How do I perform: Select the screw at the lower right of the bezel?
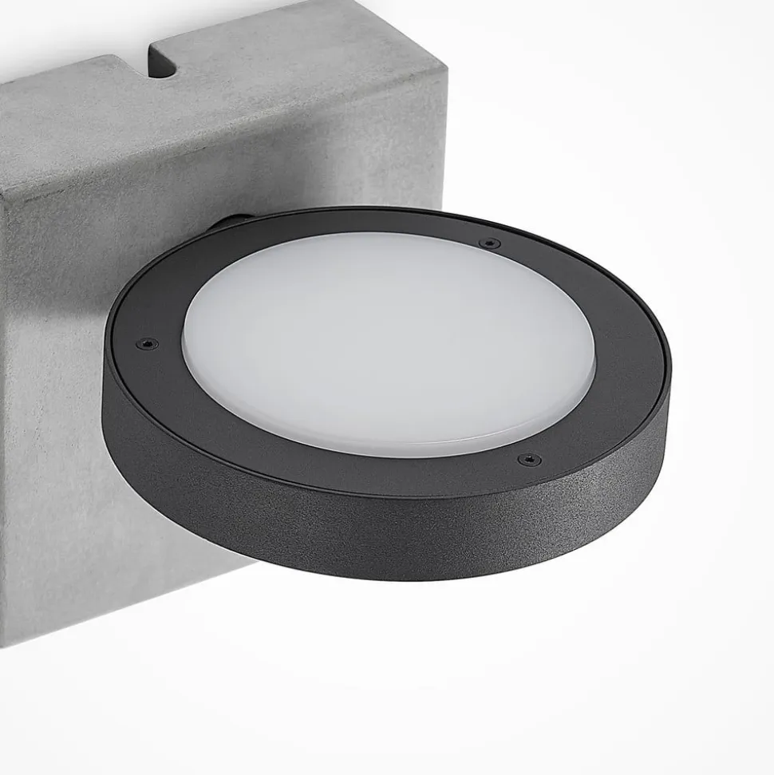tap(528, 459)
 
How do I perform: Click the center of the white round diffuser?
tap(389, 343)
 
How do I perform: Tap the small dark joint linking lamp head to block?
tap(231, 223)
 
